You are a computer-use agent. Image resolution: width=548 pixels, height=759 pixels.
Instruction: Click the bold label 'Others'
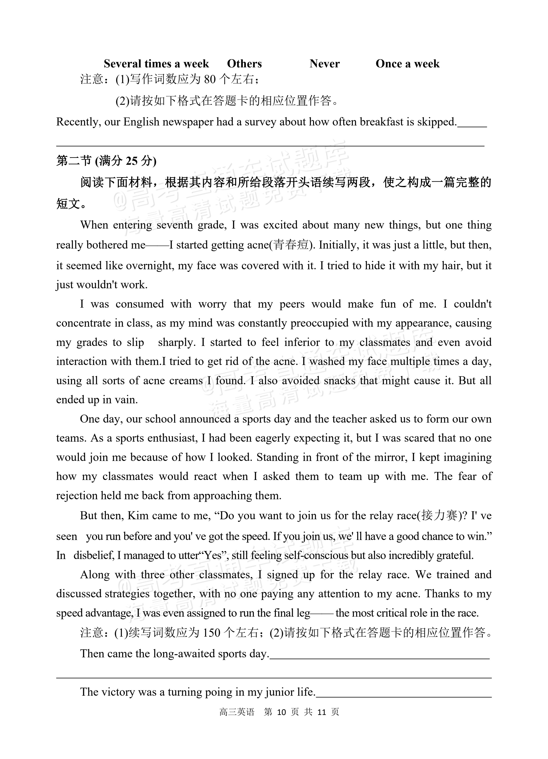point(244,64)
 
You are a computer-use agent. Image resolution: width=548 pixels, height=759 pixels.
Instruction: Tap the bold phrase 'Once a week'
point(407,64)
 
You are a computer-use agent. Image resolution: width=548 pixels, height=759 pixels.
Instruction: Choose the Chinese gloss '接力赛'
point(439,516)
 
